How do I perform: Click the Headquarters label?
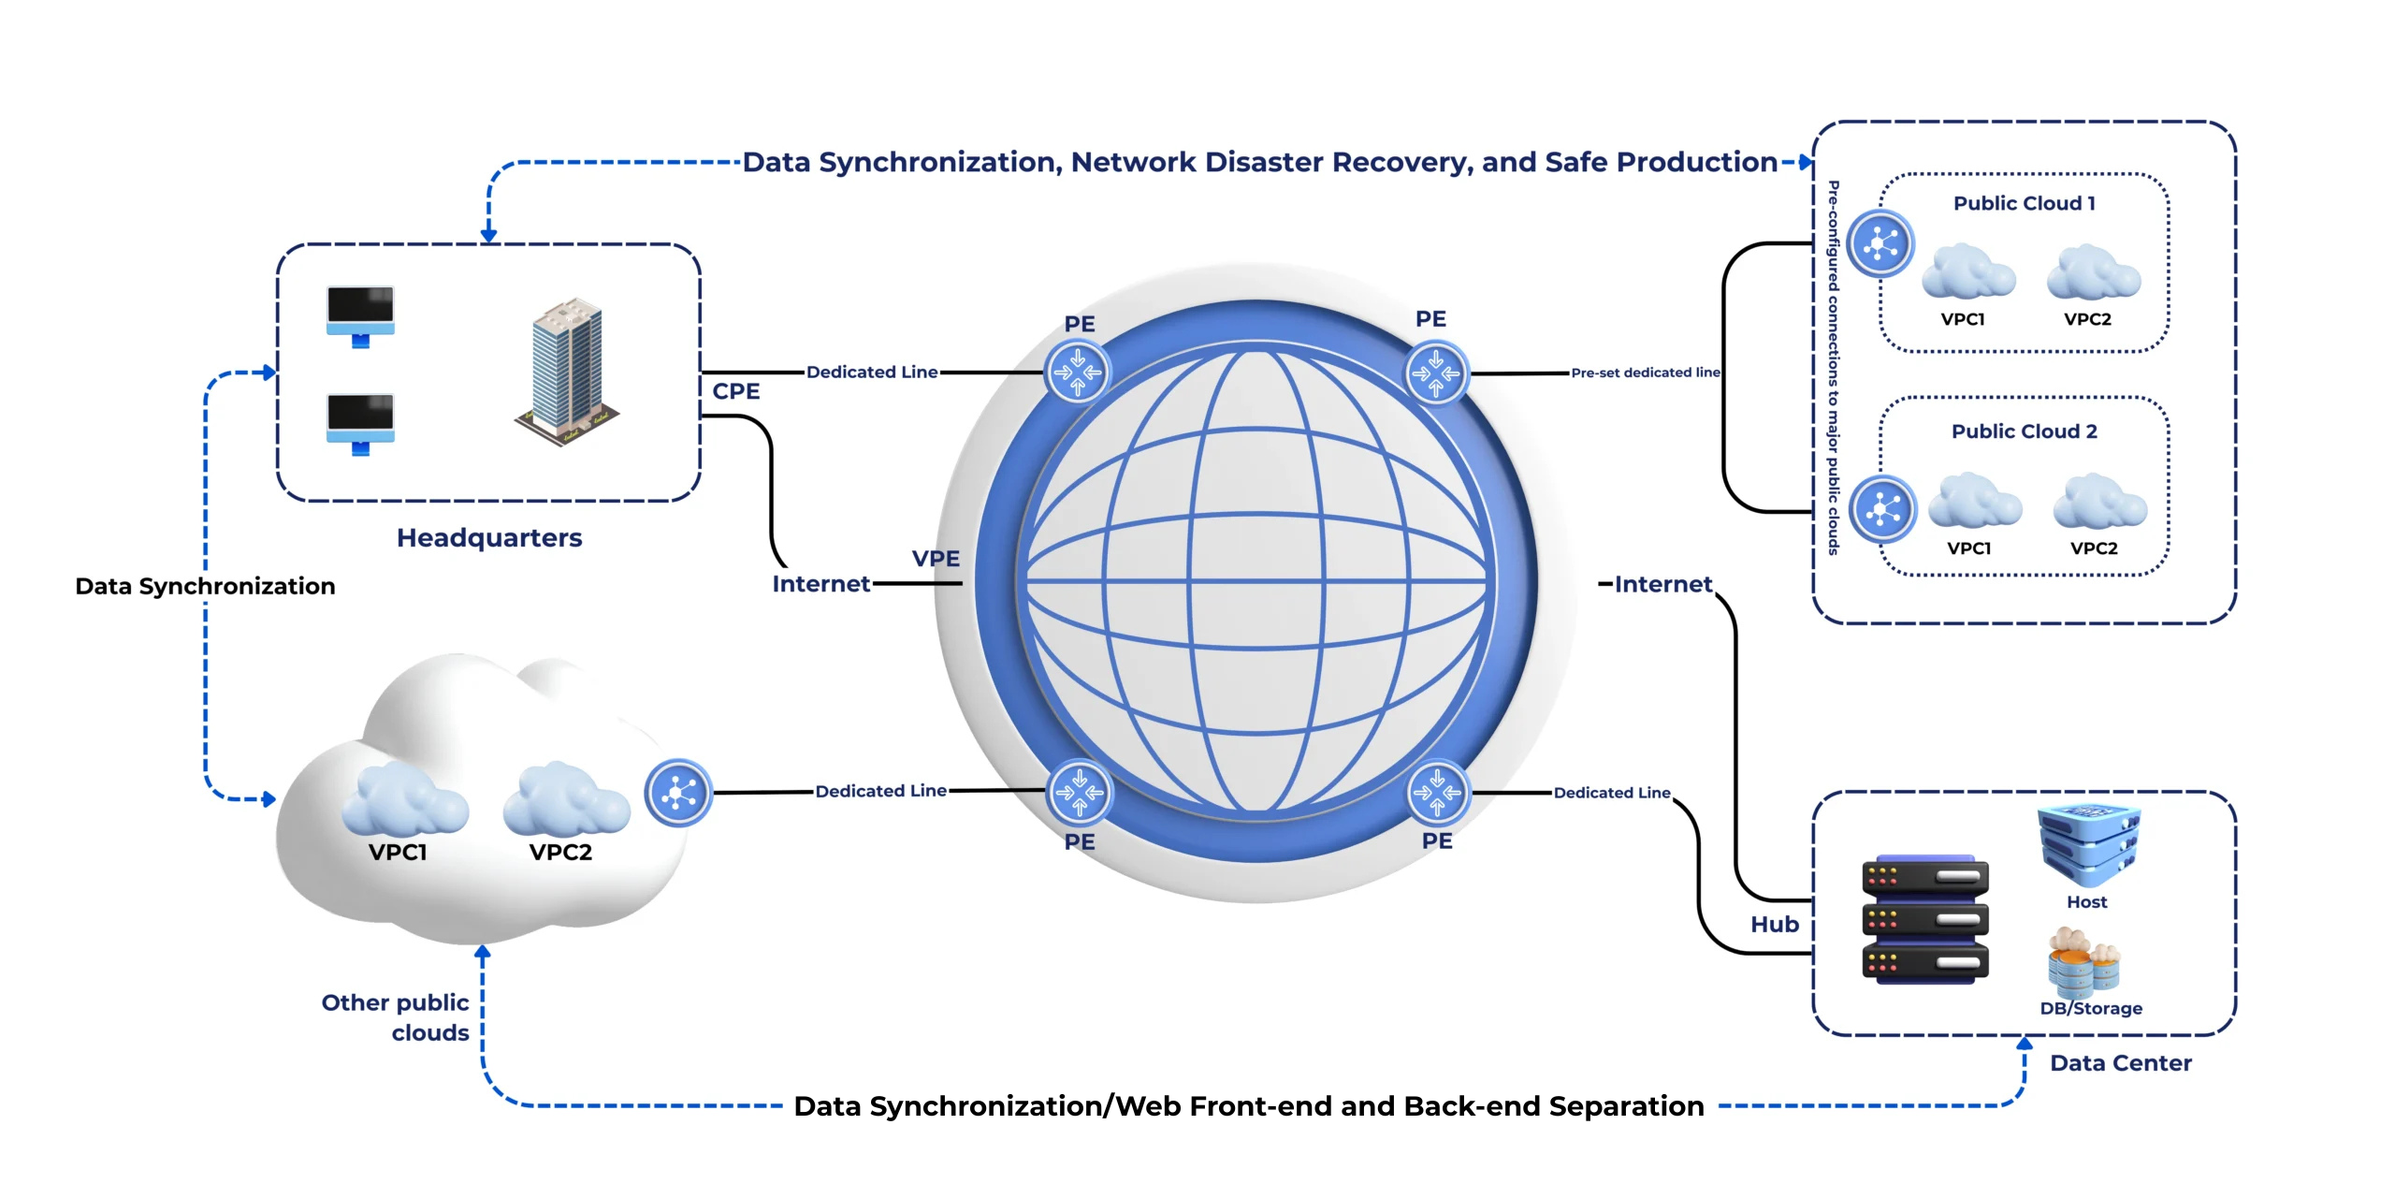[489, 537]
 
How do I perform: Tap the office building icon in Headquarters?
[566, 372]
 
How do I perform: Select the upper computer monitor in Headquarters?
[360, 314]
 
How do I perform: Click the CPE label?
[735, 391]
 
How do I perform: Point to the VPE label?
[936, 559]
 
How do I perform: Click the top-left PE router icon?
[1078, 372]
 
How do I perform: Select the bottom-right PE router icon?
[1437, 792]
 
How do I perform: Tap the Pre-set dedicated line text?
[1645, 373]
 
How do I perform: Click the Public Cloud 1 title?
[2024, 203]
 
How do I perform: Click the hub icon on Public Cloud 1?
[1880, 244]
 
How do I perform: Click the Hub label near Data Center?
[1775, 924]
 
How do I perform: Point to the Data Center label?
[2120, 1063]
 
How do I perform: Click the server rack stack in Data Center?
[1924, 919]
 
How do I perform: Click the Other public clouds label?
[396, 1017]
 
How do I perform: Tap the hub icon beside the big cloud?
[678, 793]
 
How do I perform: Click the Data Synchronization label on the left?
[205, 586]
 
